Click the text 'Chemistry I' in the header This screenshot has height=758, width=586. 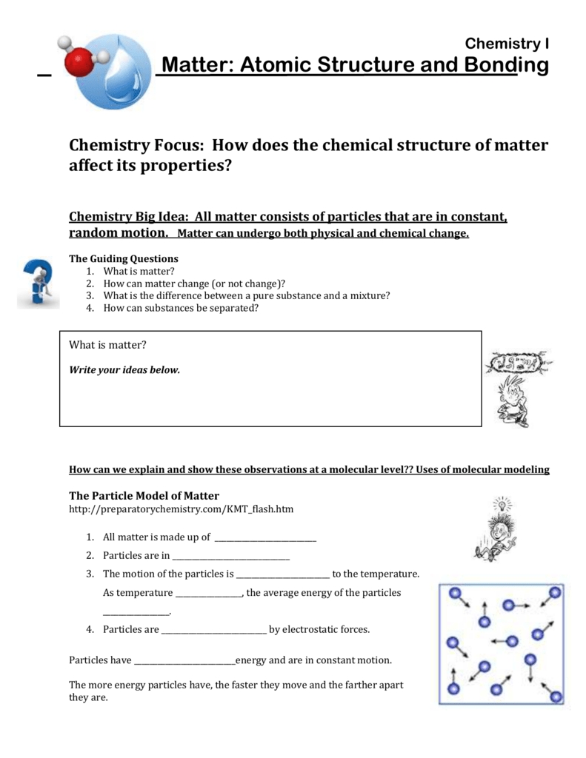[507, 44]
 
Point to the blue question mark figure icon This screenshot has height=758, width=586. [37, 284]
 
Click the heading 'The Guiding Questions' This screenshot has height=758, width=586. [124, 259]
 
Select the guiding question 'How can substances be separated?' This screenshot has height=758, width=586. [181, 308]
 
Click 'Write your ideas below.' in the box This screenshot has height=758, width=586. [124, 369]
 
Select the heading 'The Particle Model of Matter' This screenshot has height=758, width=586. [144, 495]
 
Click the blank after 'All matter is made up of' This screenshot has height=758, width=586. [264, 538]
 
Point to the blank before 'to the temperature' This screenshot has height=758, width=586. [282, 574]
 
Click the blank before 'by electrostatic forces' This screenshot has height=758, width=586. [213, 630]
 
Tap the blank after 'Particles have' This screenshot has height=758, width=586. [184, 660]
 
